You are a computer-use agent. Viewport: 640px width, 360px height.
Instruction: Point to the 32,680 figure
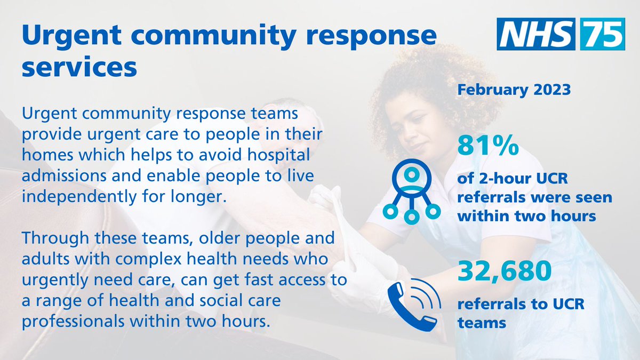505,273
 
